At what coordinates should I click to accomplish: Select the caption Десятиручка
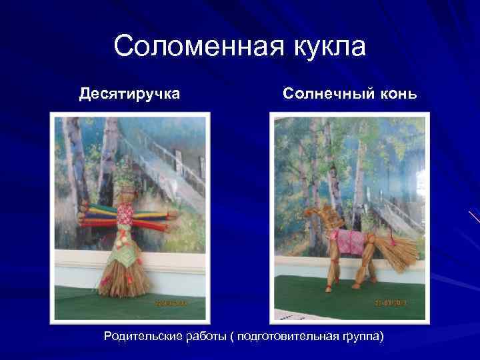(x=129, y=93)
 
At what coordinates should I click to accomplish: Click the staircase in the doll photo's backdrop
(x=167, y=160)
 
